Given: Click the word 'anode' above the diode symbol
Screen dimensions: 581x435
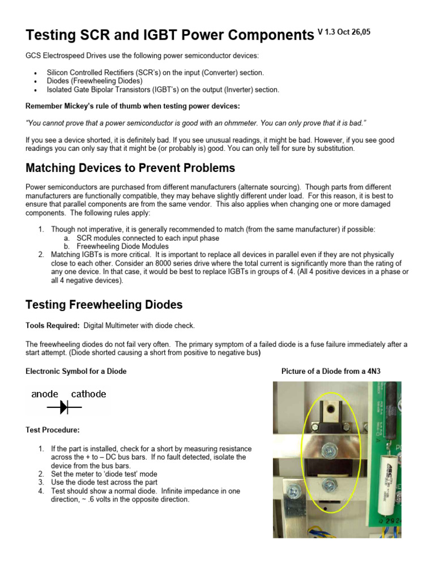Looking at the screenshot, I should coord(45,394).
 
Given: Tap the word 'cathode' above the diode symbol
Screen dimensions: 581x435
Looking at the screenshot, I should coord(88,394).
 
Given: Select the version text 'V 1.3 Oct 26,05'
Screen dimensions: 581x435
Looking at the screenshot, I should coord(344,32).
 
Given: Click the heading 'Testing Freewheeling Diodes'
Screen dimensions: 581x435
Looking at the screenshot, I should coord(104,305).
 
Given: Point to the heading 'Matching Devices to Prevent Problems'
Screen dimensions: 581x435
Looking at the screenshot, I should coord(130,168).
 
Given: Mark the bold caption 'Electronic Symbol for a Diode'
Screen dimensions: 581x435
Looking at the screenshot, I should coord(76,372).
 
